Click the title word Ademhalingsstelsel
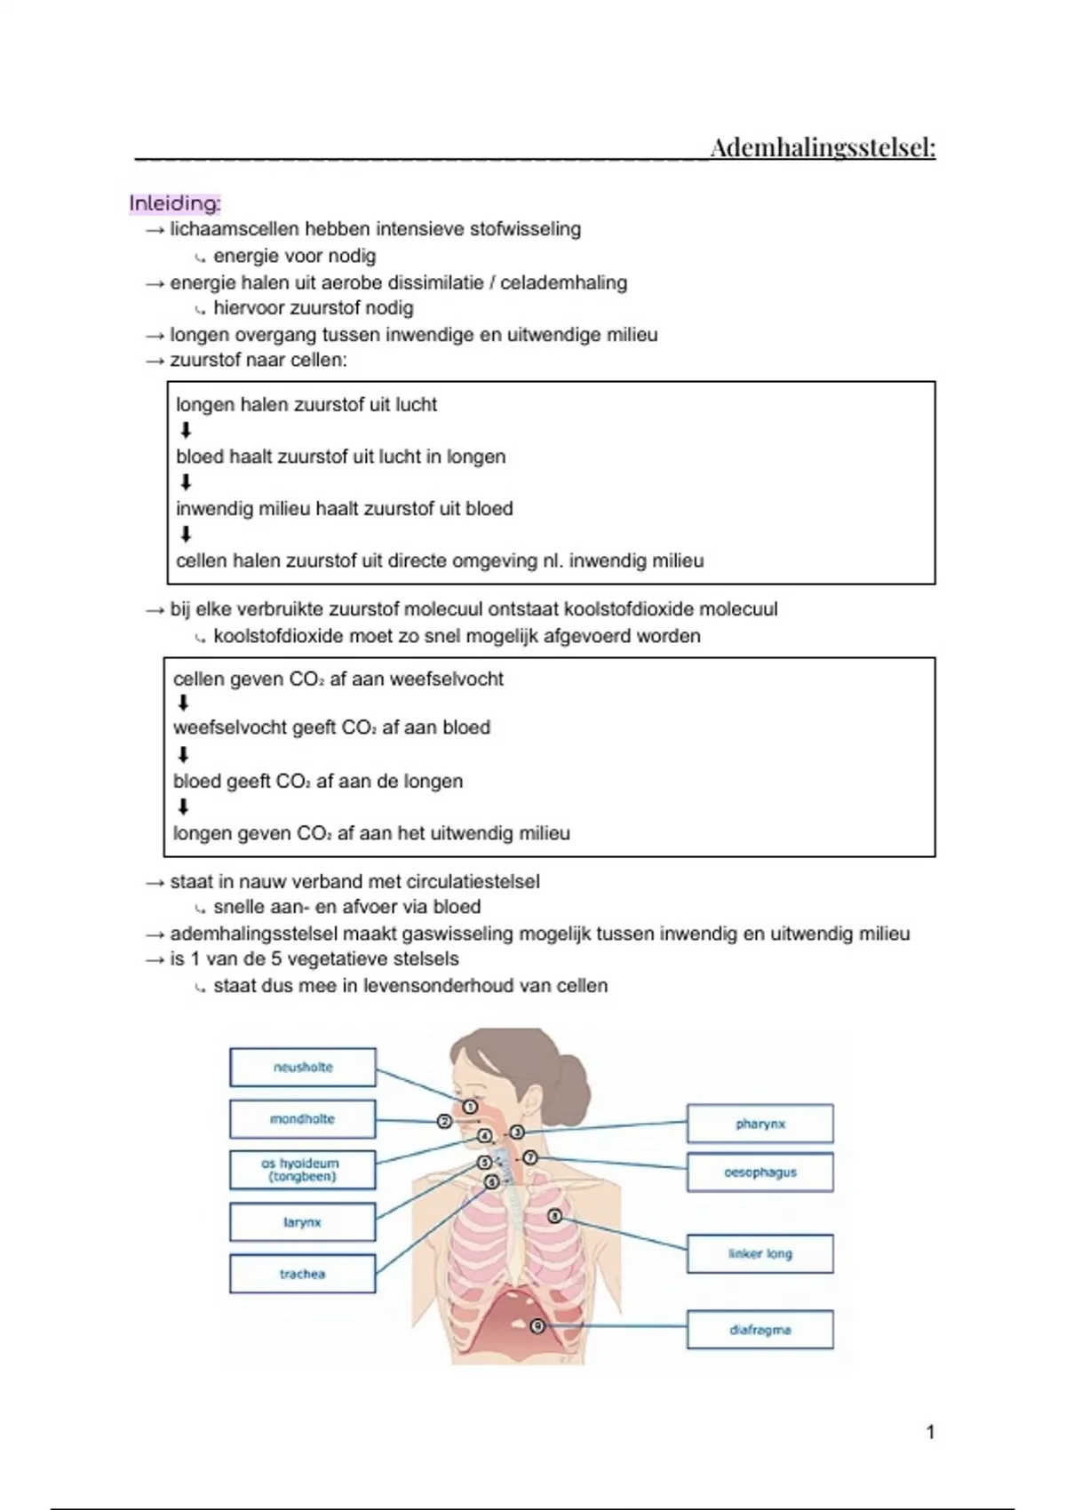(x=823, y=147)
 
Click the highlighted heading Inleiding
(x=174, y=203)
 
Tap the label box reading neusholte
(x=303, y=1067)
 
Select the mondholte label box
(x=303, y=1119)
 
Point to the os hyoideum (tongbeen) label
(x=303, y=1170)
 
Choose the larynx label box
(x=303, y=1222)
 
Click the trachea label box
(x=303, y=1274)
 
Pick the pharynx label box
(x=760, y=1124)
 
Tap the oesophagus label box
(x=760, y=1172)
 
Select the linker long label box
(x=760, y=1254)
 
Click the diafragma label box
(x=760, y=1330)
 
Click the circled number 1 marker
(x=470, y=1107)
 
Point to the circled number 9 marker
(x=537, y=1326)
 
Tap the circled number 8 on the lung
(x=555, y=1216)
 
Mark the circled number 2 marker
(x=444, y=1122)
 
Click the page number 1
(x=930, y=1432)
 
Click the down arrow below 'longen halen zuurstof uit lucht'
(x=186, y=431)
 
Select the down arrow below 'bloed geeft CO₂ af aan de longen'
(x=184, y=807)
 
